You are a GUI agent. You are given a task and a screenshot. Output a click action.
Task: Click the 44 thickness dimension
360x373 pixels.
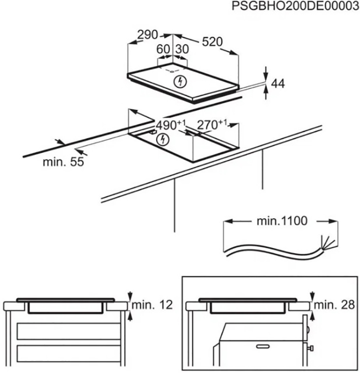coord(278,83)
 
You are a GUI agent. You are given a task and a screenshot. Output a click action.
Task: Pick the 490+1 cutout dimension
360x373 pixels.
coord(171,125)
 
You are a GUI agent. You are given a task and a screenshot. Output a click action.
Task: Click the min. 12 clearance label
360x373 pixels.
coord(152,305)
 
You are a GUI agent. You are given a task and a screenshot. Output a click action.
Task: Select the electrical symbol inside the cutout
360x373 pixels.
coord(162,138)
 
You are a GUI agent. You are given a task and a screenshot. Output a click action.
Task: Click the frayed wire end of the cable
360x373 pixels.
coord(325,244)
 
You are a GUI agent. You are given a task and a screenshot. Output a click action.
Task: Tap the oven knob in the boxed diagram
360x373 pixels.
coord(311,347)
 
